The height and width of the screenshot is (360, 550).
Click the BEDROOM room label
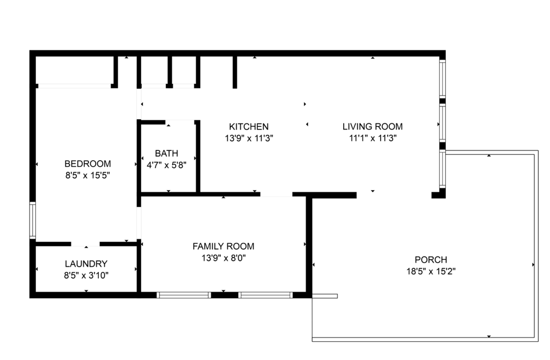click(88, 164)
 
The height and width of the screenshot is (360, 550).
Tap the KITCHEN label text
click(249, 127)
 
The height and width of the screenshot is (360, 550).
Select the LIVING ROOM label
click(373, 127)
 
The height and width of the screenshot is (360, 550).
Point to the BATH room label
click(167, 153)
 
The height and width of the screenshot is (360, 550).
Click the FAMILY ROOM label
click(223, 246)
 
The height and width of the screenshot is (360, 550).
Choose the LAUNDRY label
click(86, 264)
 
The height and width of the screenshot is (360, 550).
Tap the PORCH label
click(431, 260)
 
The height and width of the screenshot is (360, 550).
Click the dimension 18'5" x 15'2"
click(431, 271)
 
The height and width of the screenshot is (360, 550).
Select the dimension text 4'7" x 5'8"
click(167, 165)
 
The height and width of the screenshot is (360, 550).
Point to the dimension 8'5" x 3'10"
click(86, 276)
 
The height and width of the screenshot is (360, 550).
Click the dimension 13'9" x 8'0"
click(223, 258)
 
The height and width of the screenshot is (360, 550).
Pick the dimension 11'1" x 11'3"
click(373, 138)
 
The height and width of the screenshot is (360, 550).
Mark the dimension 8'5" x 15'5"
click(88, 176)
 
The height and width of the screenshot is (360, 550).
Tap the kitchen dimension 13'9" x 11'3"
click(249, 138)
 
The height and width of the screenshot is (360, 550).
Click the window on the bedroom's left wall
click(33, 220)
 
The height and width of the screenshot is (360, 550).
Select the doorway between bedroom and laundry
click(85, 244)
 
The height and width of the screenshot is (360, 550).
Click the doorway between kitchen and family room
click(276, 195)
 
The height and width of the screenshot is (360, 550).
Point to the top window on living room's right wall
click(443, 78)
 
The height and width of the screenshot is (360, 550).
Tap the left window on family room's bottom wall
click(184, 295)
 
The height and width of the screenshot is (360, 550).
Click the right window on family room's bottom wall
click(265, 295)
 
